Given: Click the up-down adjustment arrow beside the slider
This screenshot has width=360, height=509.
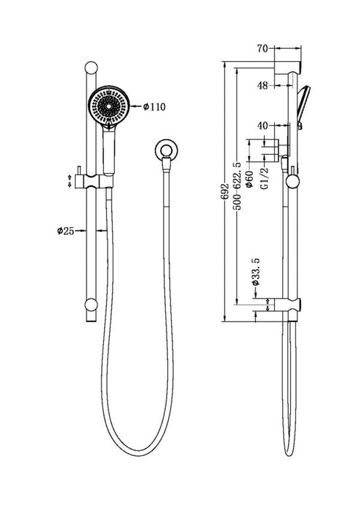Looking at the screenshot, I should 71,180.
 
